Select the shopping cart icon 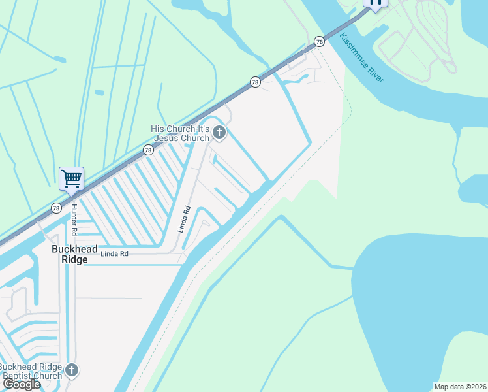[71, 178]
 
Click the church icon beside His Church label [219, 134]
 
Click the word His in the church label [157, 129]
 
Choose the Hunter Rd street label [74, 220]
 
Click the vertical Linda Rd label [184, 220]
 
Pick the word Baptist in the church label [19, 375]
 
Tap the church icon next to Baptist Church [72, 370]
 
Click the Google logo [21, 384]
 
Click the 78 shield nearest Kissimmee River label [319, 41]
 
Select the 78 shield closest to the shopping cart [57, 208]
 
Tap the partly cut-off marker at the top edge [375, 3]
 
